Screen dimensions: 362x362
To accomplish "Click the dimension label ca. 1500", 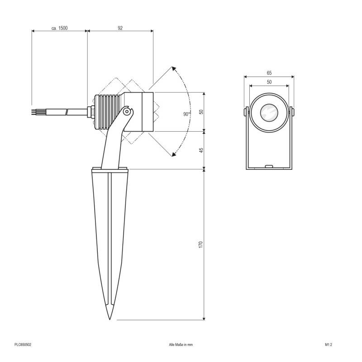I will pos(59,28).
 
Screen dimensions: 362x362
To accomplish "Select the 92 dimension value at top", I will pos(120,28).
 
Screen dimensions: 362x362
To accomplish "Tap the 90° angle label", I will pos(186,114).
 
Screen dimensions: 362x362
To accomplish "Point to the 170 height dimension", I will pos(201,244).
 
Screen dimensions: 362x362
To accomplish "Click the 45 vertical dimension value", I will pos(201,150).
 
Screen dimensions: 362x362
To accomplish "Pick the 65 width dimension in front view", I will pos(269,73).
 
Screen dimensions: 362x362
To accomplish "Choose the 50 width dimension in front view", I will pos(269,82).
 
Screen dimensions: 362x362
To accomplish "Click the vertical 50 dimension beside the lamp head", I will pos(201,112).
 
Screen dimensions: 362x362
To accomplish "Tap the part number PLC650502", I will pos(23,344).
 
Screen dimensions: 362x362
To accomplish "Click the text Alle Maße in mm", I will pos(181,344).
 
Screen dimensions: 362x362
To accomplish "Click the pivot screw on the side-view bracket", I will pos(128,111).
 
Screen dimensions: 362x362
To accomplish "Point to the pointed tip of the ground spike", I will pos(110,318).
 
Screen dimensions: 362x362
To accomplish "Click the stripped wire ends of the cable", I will pos(35,111).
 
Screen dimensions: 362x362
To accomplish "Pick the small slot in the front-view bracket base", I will pos(269,167).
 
